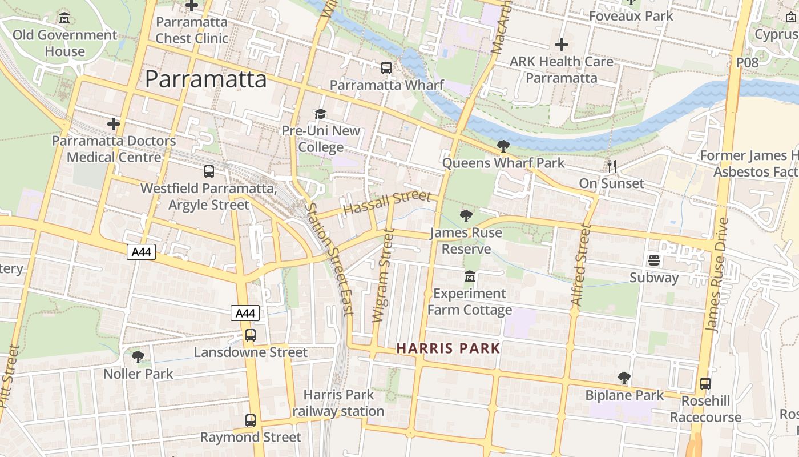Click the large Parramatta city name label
coord(205,79)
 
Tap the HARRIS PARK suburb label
coord(448,348)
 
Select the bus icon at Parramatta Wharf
coord(386,68)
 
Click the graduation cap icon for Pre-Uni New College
coord(321,114)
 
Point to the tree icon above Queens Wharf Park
coord(503,146)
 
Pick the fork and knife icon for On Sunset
coord(612,166)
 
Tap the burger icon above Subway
coord(654,261)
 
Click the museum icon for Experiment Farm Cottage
coord(470,276)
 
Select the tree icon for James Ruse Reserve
coord(466,216)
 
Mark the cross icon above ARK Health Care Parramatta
coord(562,45)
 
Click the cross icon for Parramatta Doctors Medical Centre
coord(114,123)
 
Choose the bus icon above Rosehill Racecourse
coord(705,384)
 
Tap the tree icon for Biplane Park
coord(624,378)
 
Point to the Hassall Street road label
coord(388,203)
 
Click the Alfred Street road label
coord(581,266)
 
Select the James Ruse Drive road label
coord(717,274)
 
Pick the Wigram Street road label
coord(384,275)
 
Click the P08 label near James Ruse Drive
coord(747,62)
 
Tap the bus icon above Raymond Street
coord(250,420)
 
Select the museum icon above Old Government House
coord(64,18)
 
